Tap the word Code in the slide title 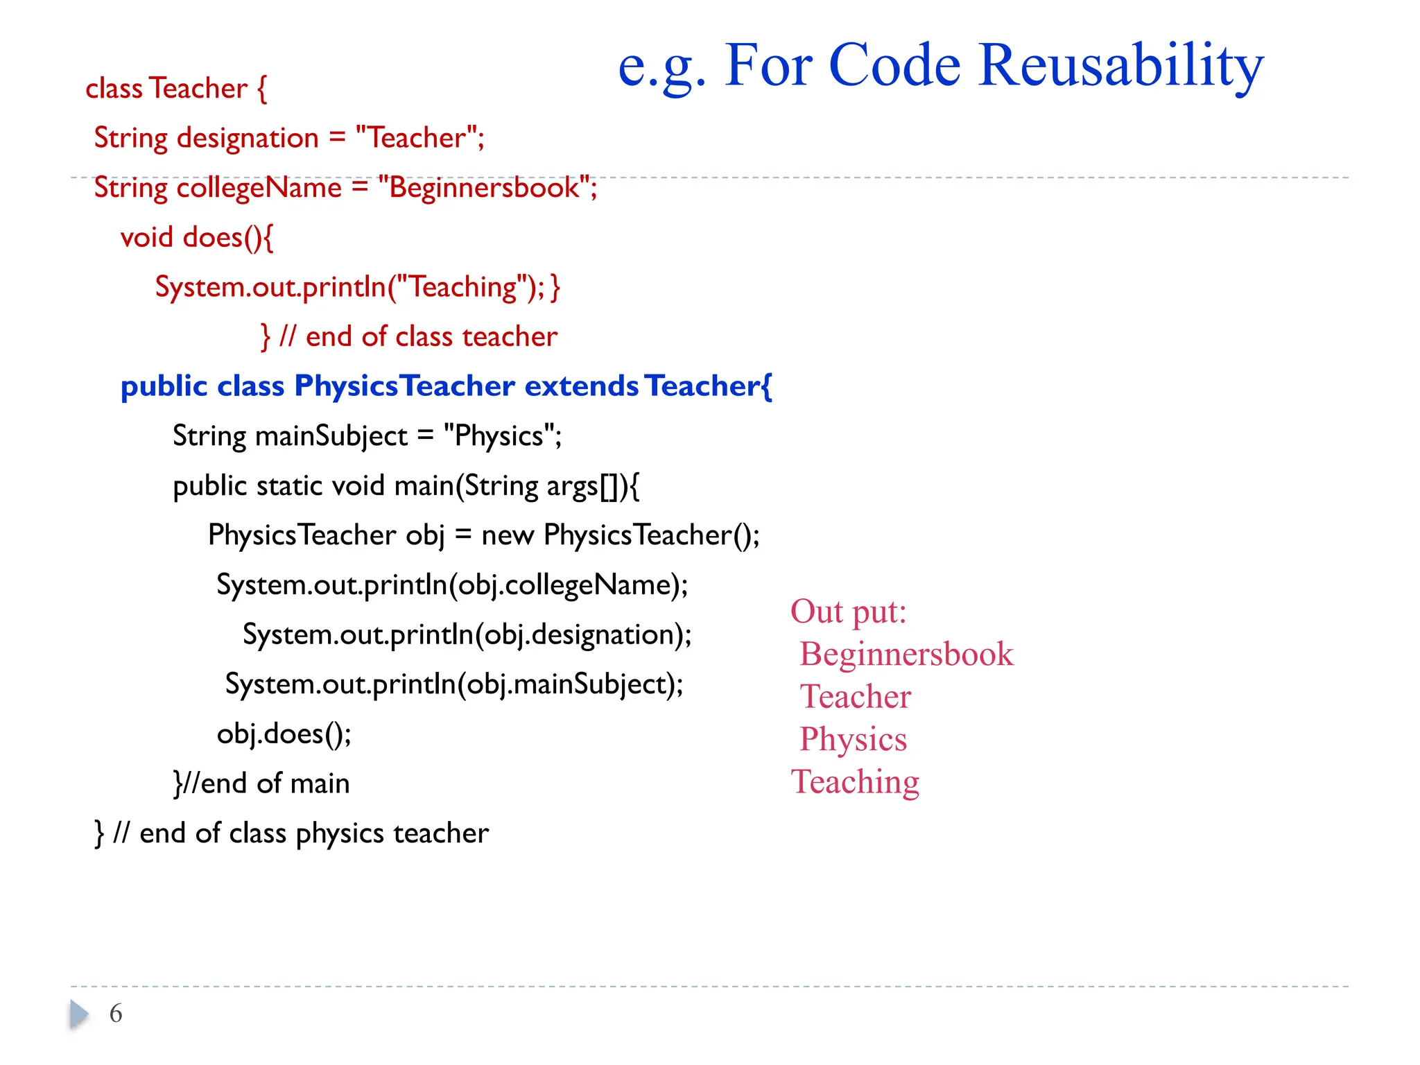point(894,66)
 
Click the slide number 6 point(116,1013)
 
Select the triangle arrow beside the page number point(79,1014)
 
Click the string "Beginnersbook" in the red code point(485,188)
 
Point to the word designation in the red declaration point(248,138)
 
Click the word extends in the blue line point(581,386)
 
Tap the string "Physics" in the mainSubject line point(499,436)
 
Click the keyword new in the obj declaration point(508,535)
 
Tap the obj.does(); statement point(284,734)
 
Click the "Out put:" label point(848,612)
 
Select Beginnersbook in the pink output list point(906,654)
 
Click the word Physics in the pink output point(853,739)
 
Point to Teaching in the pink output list point(855,782)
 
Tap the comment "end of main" point(275,783)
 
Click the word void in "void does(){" point(146,238)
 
